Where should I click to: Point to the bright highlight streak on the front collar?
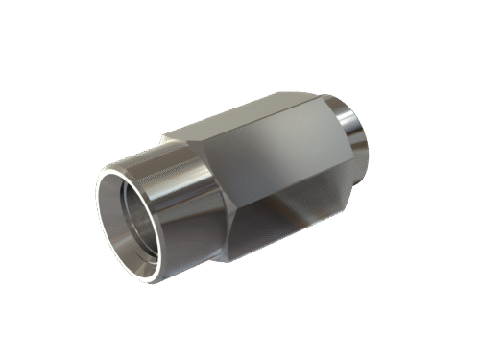coord(168,197)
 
